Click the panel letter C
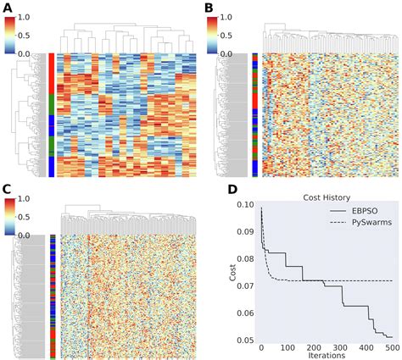click(6, 189)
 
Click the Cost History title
click(327, 197)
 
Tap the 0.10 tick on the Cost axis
click(241, 204)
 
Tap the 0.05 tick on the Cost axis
click(241, 339)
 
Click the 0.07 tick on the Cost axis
click(241, 285)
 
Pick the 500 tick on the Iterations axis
click(392, 346)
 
